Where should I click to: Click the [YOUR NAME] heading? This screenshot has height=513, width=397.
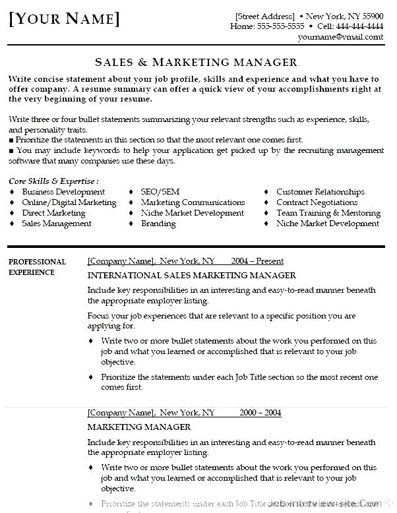pos(65,19)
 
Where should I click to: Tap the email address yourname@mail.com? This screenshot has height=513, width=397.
pos(340,37)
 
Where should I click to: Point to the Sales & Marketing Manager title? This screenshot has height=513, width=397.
pos(196,62)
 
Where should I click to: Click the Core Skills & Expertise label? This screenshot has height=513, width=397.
pos(54,181)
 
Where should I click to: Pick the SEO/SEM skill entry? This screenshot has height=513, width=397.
pos(160,192)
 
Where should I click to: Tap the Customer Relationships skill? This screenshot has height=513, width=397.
pos(321,192)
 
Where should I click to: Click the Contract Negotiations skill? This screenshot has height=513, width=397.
pos(317,202)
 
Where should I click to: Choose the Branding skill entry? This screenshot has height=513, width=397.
pos(158,224)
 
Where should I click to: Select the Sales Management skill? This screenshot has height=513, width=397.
pos(57,224)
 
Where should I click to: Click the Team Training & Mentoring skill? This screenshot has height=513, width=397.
pos(328,213)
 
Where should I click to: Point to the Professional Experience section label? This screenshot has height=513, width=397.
pos(37,266)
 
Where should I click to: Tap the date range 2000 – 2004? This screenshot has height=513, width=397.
pos(260,413)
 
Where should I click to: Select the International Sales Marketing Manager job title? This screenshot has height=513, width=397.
pos(192,276)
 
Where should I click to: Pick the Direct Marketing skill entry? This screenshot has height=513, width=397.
pos(53,213)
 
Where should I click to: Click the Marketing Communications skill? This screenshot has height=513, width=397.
pos(193,202)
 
